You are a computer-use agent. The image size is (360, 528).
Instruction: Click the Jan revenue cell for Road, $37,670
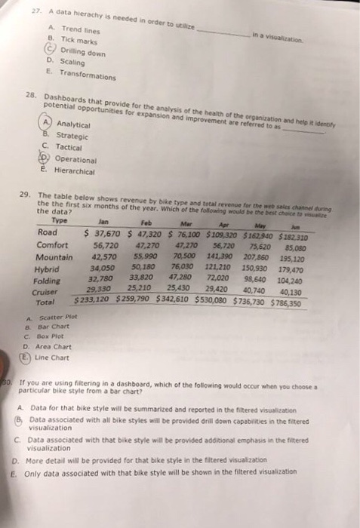103,233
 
